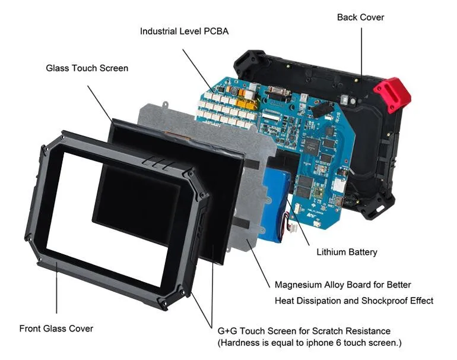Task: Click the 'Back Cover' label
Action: click(360, 17)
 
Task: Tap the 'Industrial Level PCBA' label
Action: click(184, 31)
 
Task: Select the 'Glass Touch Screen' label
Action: click(87, 68)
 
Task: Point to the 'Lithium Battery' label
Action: click(347, 252)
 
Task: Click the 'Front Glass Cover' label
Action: click(56, 328)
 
